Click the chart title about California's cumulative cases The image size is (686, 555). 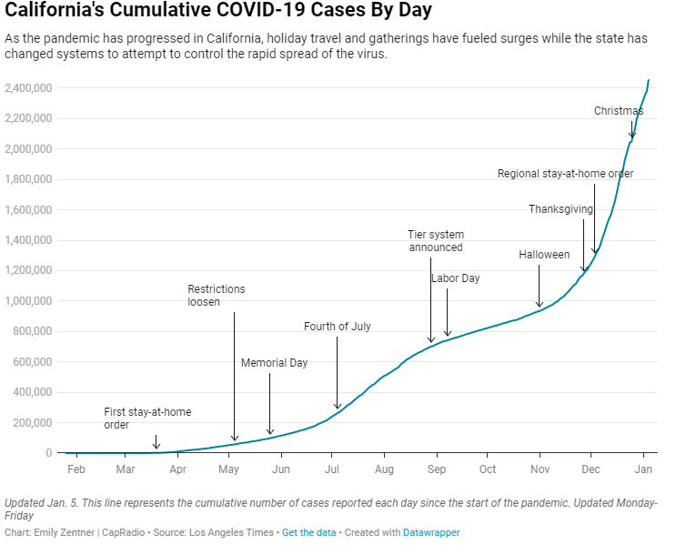(218, 12)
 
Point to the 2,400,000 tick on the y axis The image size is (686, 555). (28, 88)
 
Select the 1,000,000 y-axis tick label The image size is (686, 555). (28, 301)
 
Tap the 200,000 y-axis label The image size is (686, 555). (32, 423)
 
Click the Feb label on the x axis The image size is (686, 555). (76, 469)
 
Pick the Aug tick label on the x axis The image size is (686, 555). (385, 469)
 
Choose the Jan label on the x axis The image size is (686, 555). (643, 469)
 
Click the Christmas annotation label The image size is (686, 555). (619, 111)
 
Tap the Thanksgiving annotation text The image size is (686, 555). (560, 209)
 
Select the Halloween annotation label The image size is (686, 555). (544, 255)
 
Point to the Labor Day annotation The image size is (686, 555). (455, 278)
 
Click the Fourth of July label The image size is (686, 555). (337, 327)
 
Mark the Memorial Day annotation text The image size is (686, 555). (274, 363)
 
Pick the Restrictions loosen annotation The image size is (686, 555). (217, 296)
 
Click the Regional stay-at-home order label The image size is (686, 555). (565, 174)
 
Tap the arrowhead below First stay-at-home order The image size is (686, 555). (156, 447)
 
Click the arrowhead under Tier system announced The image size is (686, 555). (431, 340)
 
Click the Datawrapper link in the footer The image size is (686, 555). (434, 532)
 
